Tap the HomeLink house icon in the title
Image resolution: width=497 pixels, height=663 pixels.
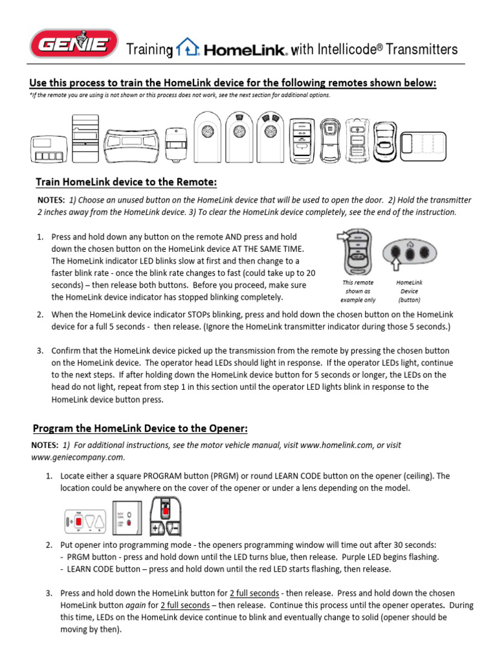(x=188, y=48)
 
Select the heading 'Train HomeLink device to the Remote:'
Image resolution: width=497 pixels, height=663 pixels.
(x=126, y=182)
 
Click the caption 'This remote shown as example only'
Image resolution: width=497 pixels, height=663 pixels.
(x=358, y=291)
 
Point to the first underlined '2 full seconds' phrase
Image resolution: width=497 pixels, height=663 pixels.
(x=254, y=593)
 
